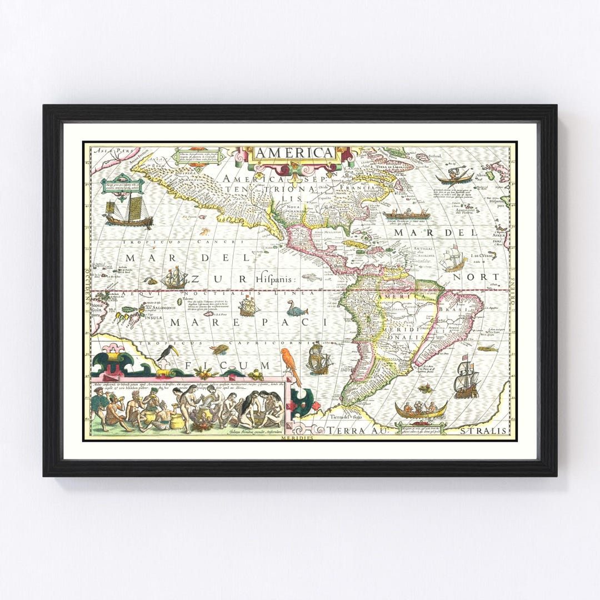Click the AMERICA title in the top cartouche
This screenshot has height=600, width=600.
click(x=294, y=153)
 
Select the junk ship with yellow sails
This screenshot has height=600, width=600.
click(x=129, y=213)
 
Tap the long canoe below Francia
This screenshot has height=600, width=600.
click(x=406, y=214)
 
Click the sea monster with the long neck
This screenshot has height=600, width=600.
click(x=297, y=308)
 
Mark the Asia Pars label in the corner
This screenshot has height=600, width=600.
click(x=108, y=150)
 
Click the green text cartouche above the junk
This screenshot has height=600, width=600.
click(x=123, y=185)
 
